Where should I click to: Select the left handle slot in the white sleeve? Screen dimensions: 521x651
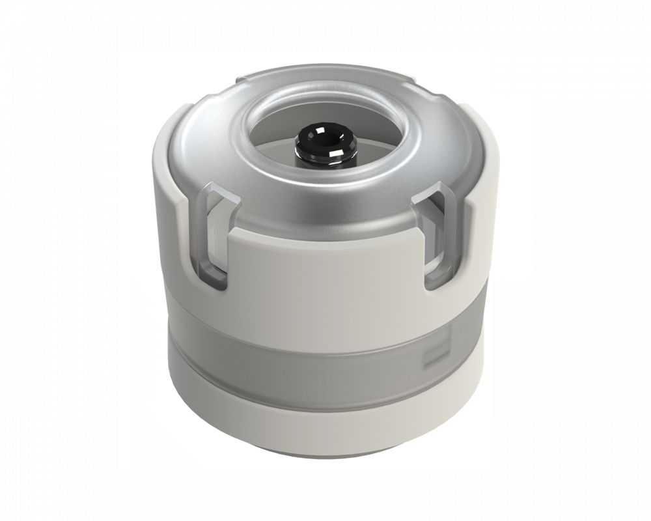(215, 241)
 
